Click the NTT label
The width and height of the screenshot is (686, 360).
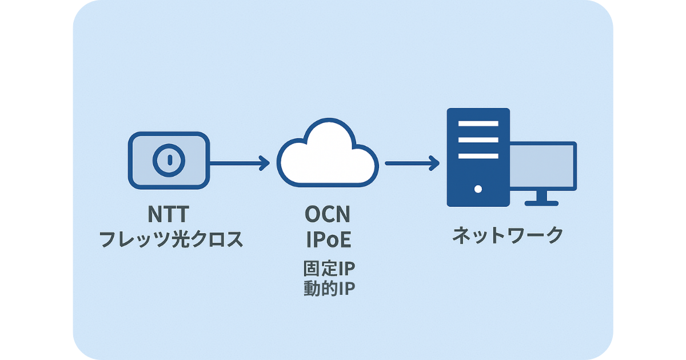tap(168, 214)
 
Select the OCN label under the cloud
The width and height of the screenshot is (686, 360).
tap(328, 214)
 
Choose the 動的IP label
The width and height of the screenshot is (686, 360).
tap(329, 289)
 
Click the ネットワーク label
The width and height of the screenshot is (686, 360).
tap(508, 235)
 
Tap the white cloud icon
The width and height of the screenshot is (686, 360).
tap(328, 157)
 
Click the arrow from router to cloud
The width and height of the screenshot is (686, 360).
tap(237, 163)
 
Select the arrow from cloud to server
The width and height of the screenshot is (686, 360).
tap(410, 163)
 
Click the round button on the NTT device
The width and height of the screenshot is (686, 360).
tap(168, 160)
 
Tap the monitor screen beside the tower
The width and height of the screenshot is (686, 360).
tap(543, 166)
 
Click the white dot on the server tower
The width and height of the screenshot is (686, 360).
tap(478, 189)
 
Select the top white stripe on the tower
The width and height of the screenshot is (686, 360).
tap(478, 123)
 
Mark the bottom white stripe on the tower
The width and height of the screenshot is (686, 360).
tap(478, 155)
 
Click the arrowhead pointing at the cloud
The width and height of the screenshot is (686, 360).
tap(264, 163)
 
